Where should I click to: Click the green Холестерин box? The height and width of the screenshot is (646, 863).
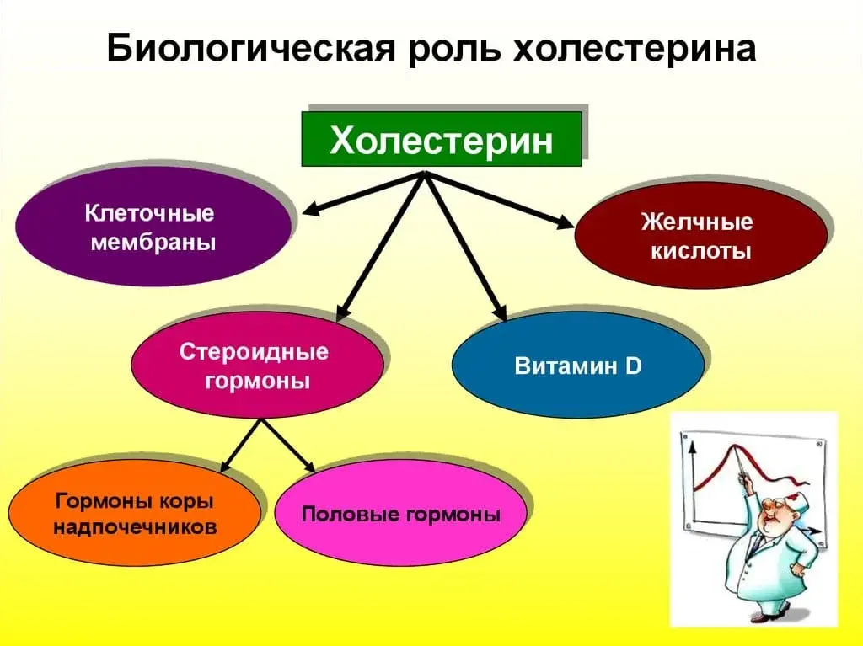[442, 139]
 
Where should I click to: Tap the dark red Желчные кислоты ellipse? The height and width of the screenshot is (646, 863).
[700, 237]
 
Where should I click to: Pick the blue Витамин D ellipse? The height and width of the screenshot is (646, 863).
[577, 367]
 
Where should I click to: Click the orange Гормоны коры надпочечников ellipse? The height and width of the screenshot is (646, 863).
[135, 514]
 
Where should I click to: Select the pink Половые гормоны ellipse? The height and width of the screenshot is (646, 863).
[399, 513]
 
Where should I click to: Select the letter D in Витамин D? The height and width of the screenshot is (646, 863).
[634, 367]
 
